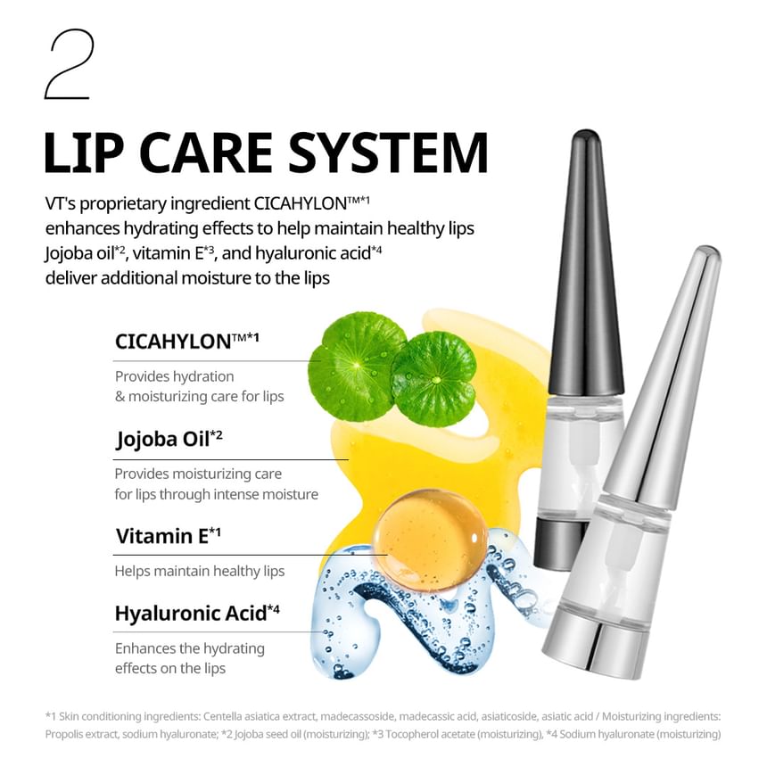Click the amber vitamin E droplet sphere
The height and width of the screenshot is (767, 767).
tap(429, 539)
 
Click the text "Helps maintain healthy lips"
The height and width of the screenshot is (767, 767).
tap(200, 571)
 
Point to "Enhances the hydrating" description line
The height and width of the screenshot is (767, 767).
tap(189, 648)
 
